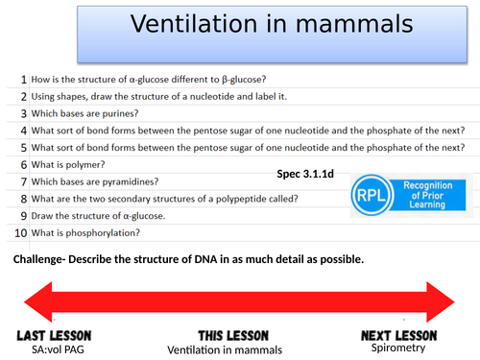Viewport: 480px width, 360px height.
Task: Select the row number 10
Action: (x=18, y=233)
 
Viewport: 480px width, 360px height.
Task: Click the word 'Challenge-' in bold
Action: (x=45, y=260)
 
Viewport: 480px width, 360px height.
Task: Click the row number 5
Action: (x=21, y=148)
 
